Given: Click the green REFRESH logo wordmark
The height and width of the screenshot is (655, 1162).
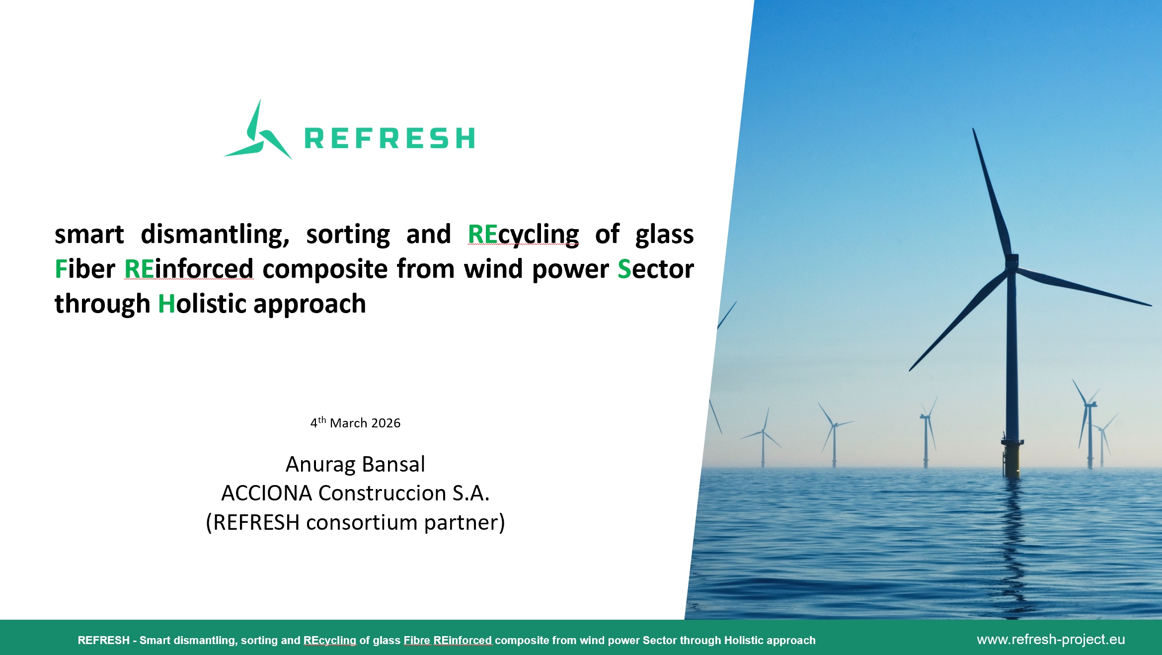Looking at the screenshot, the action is pos(389,138).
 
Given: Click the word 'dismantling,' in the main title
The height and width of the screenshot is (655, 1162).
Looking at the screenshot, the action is pos(215,235).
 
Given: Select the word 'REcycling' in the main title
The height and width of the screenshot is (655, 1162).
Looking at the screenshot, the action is pos(524,235).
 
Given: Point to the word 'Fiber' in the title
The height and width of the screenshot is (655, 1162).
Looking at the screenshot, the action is pos(85,269).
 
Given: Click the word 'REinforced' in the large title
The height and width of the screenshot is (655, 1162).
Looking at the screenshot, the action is pos(189,269).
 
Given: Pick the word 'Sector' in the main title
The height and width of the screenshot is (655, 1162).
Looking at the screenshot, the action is pos(656,269).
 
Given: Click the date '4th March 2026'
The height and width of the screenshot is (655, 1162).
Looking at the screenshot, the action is pos(355,422).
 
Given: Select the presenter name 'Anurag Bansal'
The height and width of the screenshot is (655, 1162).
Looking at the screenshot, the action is pos(355,464).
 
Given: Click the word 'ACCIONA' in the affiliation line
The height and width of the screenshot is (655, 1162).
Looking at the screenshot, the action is pos(267,493).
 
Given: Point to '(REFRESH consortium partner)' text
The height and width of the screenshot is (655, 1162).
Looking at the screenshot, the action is pos(355,522).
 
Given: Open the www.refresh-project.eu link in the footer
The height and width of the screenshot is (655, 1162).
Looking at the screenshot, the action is pos(1051,640).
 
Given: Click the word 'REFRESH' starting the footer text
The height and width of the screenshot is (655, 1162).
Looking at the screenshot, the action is pos(103,640).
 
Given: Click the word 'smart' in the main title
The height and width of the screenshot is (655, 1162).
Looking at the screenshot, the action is pos(89,235).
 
